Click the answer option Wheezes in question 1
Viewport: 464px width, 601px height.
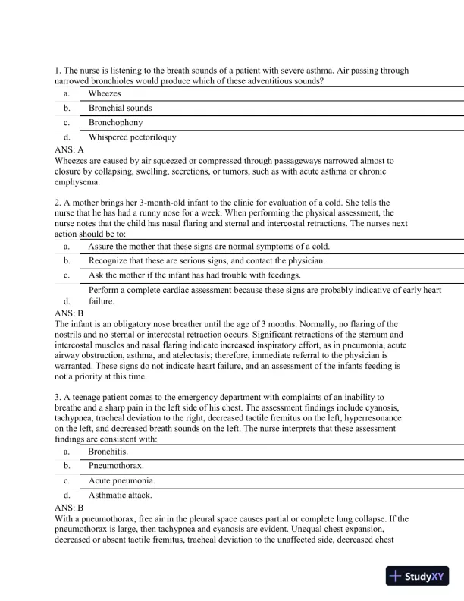[x=104, y=93]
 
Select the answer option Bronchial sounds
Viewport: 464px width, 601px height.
[x=120, y=108]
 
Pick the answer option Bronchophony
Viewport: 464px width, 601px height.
[x=115, y=122]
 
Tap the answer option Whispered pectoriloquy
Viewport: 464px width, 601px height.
[x=132, y=137]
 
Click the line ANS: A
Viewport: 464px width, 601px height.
[x=70, y=150]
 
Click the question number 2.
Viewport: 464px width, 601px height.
[x=58, y=203]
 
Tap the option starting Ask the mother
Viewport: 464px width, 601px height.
[x=194, y=275]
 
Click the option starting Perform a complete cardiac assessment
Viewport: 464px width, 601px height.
[x=265, y=290]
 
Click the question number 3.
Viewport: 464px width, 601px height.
[x=58, y=397]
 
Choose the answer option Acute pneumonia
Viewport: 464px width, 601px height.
[x=121, y=480]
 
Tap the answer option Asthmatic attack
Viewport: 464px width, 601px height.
[x=120, y=495]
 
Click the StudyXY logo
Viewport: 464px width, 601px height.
[x=417, y=576]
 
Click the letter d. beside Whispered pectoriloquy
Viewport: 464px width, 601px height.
[x=67, y=137]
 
